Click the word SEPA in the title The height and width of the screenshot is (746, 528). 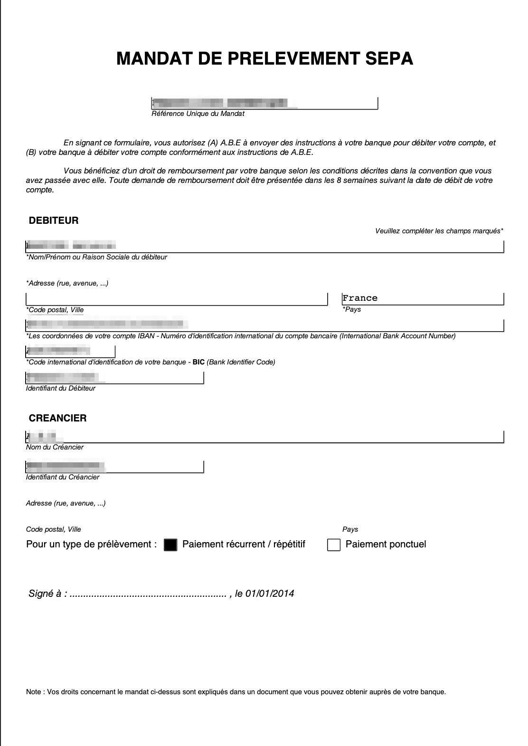pyautogui.click(x=389, y=58)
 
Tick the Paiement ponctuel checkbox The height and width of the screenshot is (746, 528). pyautogui.click(x=334, y=545)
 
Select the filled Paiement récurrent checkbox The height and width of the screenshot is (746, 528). pyautogui.click(x=170, y=545)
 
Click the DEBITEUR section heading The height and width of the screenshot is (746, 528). pyautogui.click(x=54, y=220)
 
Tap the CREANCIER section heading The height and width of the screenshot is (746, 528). pyautogui.click(x=57, y=418)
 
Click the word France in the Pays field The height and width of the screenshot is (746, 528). pyautogui.click(x=360, y=298)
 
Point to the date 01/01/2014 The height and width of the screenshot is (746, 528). pyautogui.click(x=270, y=593)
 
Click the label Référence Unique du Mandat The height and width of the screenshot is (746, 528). pyautogui.click(x=198, y=114)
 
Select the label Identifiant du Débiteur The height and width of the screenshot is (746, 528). pyautogui.click(x=61, y=388)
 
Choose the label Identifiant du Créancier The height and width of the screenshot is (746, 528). pyautogui.click(x=63, y=477)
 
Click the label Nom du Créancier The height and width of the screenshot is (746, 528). pyautogui.click(x=55, y=447)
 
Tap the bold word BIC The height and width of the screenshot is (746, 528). pyautogui.click(x=198, y=362)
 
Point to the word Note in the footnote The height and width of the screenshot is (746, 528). pyautogui.click(x=34, y=692)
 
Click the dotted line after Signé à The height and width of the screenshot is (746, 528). pyautogui.click(x=148, y=594)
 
